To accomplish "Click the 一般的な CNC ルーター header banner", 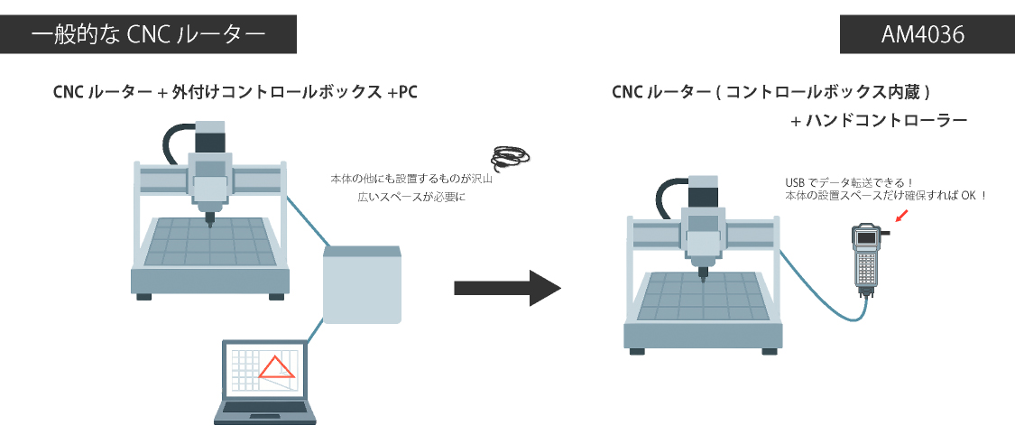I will pos(149,35).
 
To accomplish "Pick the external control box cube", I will pos(362,283).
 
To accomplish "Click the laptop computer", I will pos(265,383).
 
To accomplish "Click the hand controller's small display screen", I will pos(867,237).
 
